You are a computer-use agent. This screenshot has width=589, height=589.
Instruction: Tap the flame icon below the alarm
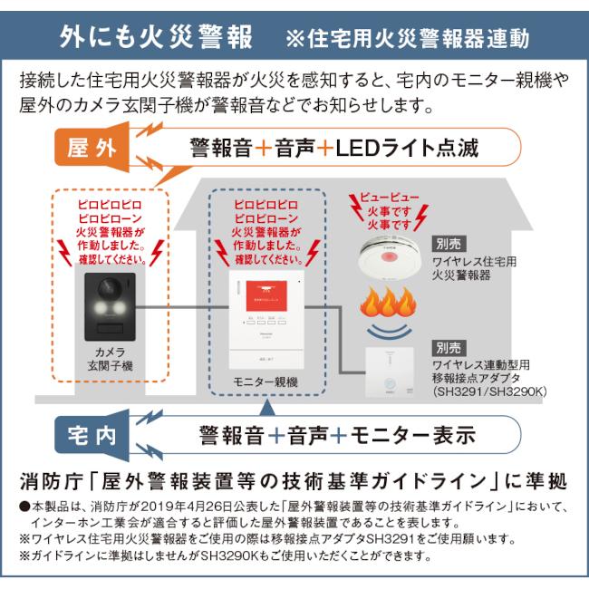tap(388, 308)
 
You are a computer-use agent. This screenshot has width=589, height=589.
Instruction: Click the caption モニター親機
tap(266, 381)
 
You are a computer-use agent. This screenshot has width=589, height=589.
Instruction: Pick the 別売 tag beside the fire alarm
tap(448, 243)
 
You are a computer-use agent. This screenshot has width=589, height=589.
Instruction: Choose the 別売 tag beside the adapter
tap(448, 347)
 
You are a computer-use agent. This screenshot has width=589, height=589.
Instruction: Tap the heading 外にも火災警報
tap(156, 37)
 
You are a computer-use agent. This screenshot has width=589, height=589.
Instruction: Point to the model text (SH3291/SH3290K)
tap(486, 391)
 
